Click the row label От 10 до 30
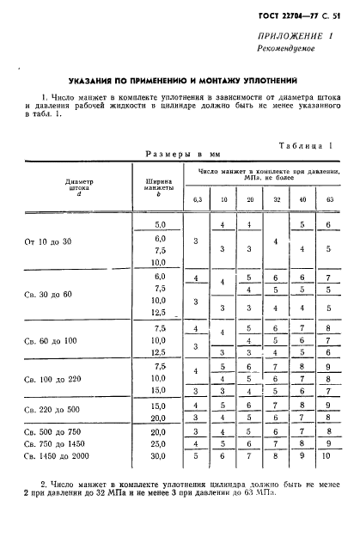coord(48,242)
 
